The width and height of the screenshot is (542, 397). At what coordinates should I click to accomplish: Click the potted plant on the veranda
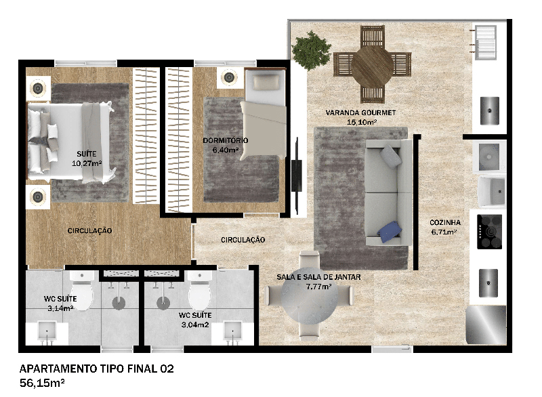[x=311, y=50]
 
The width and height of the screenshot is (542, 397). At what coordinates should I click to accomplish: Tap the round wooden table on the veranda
[x=372, y=66]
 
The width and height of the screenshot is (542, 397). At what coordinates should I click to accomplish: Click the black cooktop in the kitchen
[x=489, y=232]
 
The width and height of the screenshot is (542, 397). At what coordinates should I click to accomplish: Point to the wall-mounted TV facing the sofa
[x=296, y=175]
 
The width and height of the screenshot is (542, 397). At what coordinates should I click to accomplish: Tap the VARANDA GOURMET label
[x=360, y=112]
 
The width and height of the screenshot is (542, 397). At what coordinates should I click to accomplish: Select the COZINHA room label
[x=445, y=222]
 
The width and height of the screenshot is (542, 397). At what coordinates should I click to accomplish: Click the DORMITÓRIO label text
[x=226, y=140]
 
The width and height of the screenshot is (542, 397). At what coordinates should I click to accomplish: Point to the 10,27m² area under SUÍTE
[x=87, y=163]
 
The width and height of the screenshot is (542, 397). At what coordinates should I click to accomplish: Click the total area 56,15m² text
[x=42, y=383]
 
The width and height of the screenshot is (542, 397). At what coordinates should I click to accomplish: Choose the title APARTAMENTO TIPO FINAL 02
[x=96, y=369]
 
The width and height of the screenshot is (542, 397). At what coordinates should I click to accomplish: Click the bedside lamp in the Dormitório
[x=228, y=77]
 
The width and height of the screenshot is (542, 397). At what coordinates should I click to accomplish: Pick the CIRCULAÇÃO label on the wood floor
[x=89, y=230]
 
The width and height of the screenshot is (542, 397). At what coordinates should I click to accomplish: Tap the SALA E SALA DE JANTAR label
[x=318, y=277]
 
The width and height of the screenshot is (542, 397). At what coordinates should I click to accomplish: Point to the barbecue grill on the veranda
[x=486, y=42]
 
